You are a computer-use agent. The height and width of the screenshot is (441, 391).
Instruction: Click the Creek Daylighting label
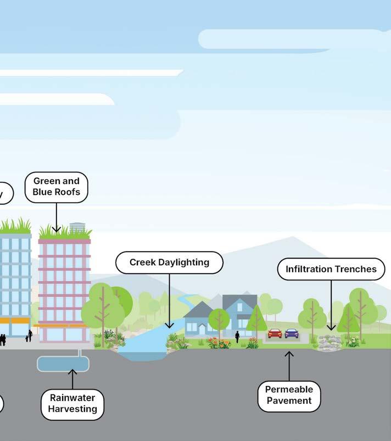click(x=169, y=263)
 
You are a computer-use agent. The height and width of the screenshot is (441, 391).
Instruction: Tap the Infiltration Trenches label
click(x=331, y=269)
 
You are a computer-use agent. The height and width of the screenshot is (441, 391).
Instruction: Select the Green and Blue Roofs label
click(x=56, y=187)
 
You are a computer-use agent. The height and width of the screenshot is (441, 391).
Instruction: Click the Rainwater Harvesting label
click(x=72, y=403)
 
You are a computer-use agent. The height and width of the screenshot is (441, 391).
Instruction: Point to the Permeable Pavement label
click(x=289, y=395)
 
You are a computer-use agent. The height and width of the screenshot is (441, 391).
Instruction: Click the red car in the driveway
click(x=275, y=333)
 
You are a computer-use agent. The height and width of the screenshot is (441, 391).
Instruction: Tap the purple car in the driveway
click(x=292, y=333)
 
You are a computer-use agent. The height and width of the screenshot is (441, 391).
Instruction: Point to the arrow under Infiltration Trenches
click(x=331, y=305)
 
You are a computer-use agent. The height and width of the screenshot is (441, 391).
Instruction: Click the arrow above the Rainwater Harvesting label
click(x=72, y=379)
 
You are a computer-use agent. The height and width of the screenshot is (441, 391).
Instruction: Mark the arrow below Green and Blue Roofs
click(x=56, y=217)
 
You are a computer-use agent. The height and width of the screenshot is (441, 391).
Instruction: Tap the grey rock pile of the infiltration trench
click(x=329, y=342)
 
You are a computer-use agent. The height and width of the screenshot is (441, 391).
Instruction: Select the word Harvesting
click(x=72, y=409)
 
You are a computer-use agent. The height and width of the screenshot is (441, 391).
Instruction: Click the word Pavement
click(x=289, y=400)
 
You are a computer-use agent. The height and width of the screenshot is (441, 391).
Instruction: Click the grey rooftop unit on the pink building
click(x=77, y=227)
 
